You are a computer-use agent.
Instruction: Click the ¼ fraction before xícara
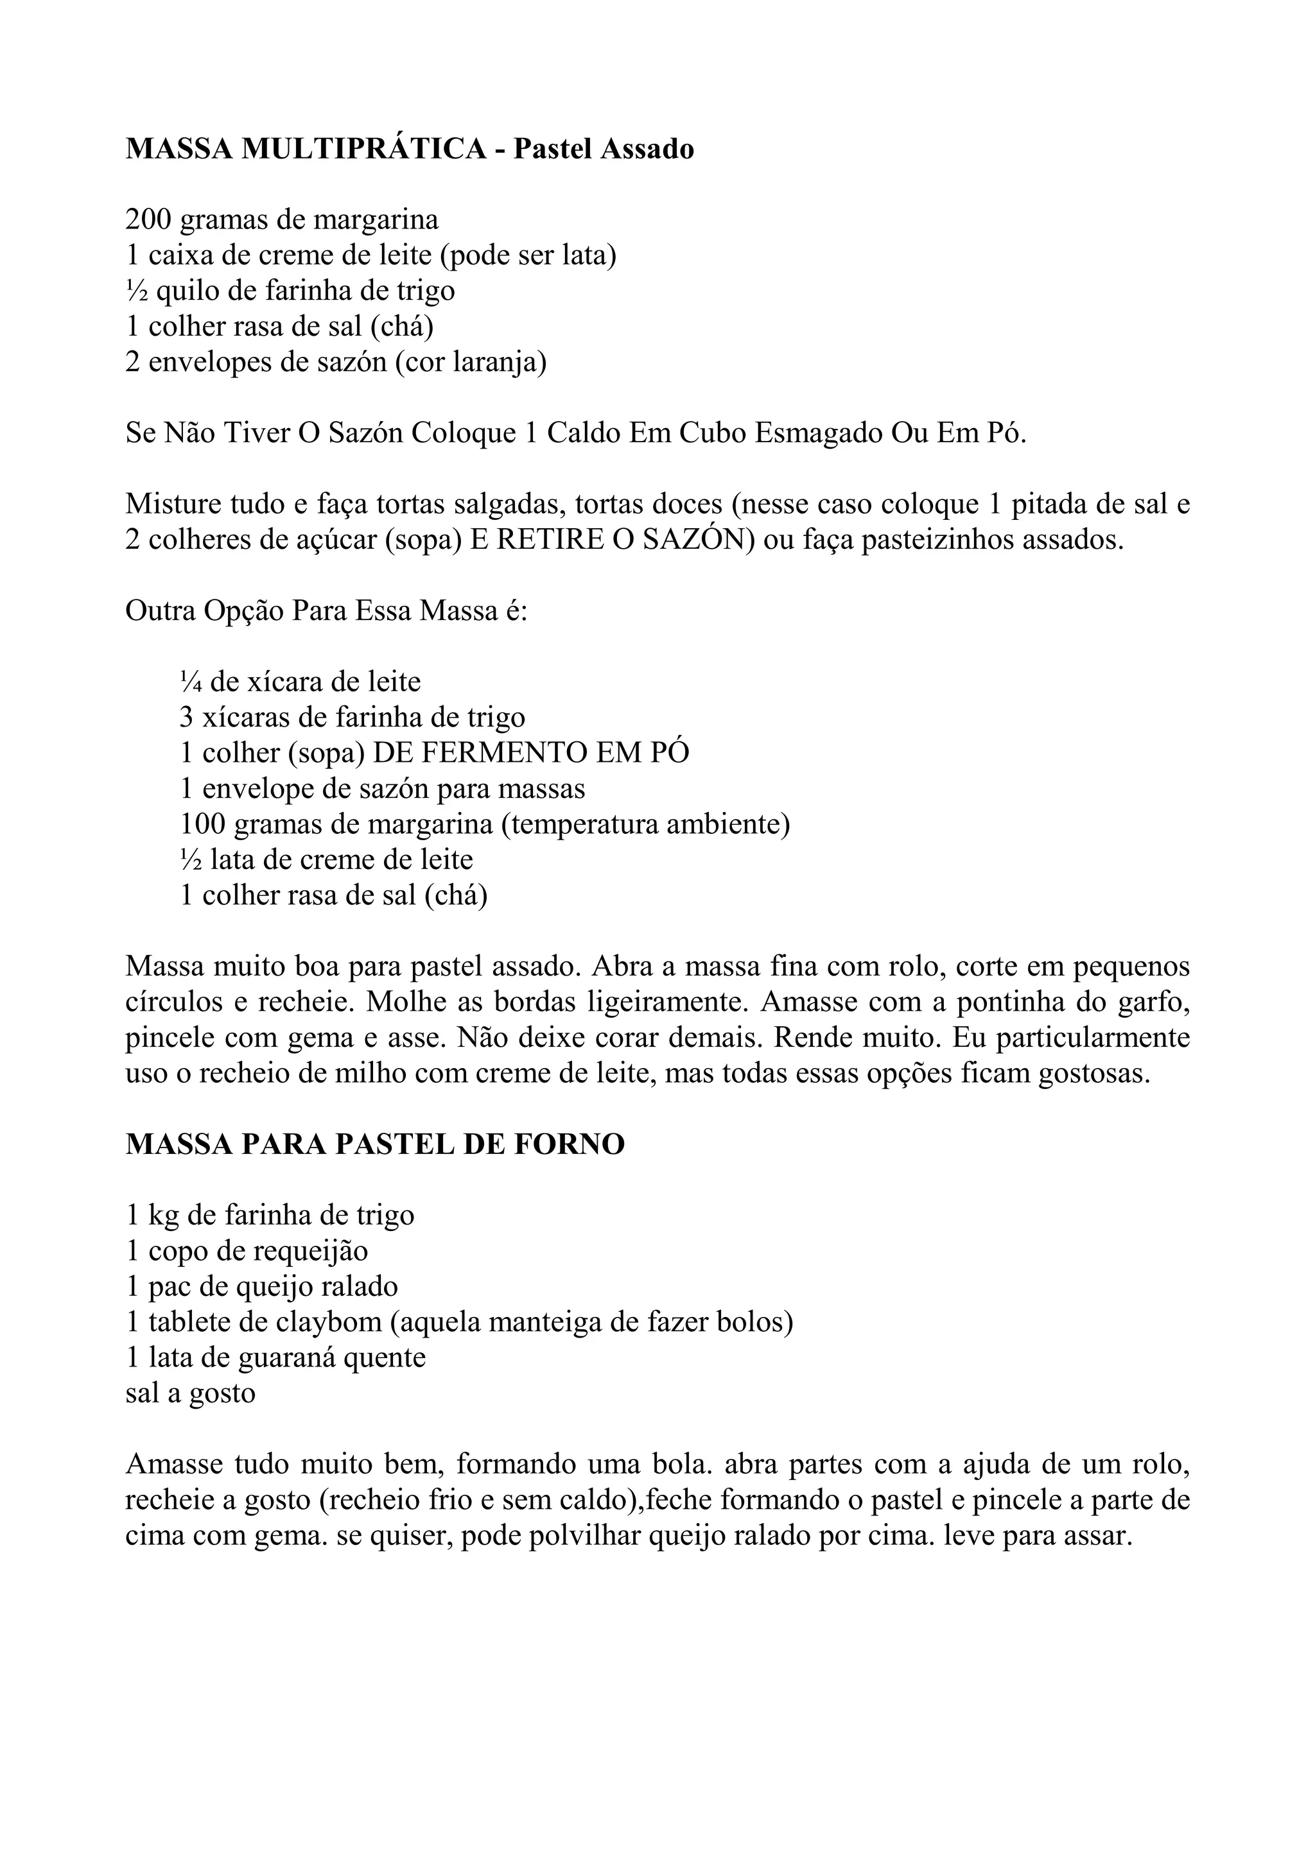pos(191,682)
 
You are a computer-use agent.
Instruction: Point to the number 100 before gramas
pos(202,825)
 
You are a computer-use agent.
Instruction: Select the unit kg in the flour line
pos(164,1216)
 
